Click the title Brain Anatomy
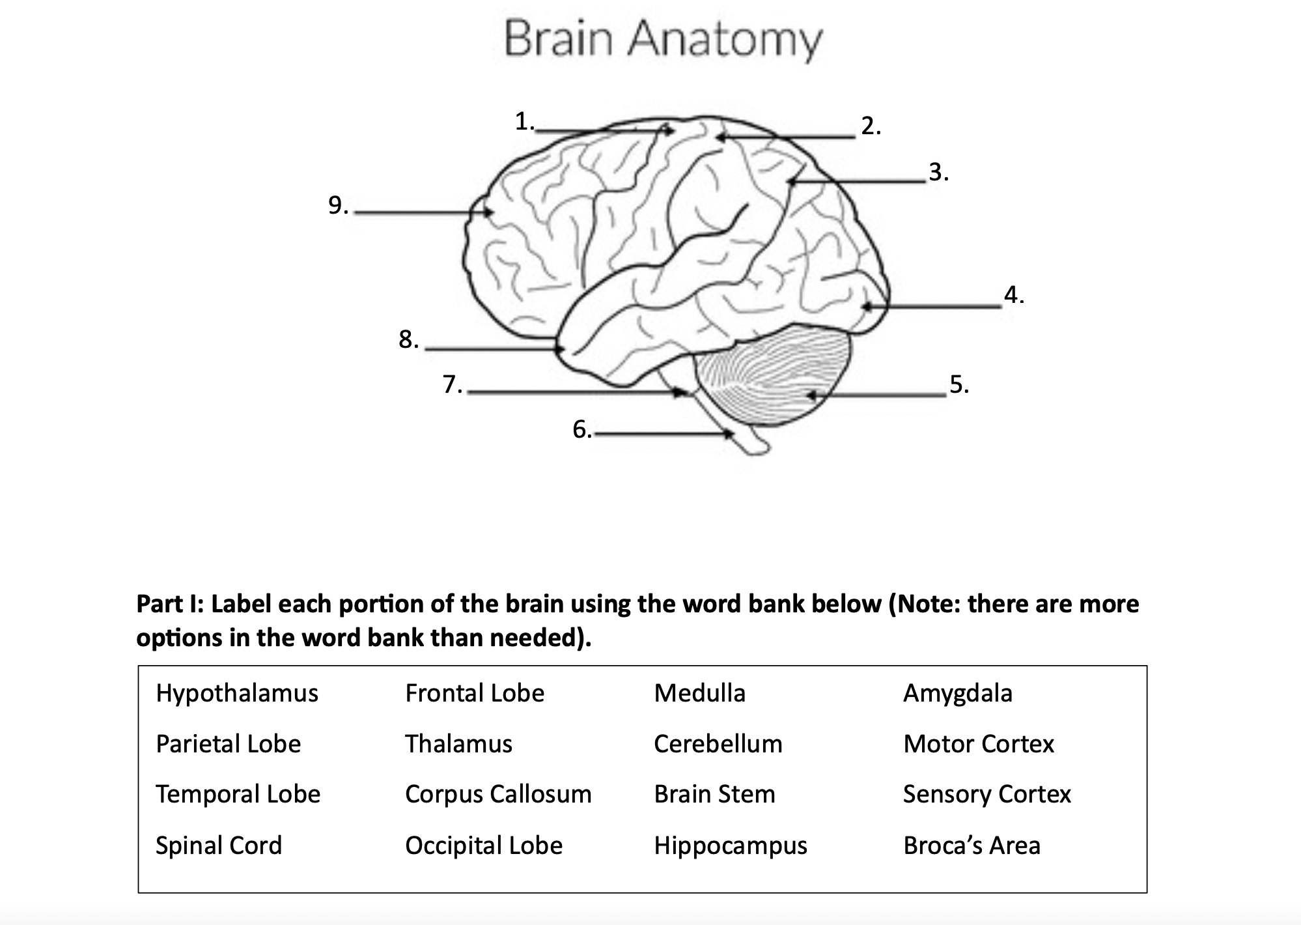coord(663,39)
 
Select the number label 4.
coord(1013,295)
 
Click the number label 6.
coord(581,429)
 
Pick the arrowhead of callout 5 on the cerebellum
coord(811,395)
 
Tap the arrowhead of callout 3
coord(792,182)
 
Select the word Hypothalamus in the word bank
coord(237,693)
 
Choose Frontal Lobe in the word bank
coord(474,693)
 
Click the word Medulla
coord(699,693)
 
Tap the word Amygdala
coord(957,693)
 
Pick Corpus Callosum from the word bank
coord(498,794)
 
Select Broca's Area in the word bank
coord(972,846)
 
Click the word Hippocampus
coord(730,846)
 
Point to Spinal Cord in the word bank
coord(219,846)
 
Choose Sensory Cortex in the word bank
coord(986,794)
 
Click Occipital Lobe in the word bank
coord(483,846)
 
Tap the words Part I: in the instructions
coord(170,605)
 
